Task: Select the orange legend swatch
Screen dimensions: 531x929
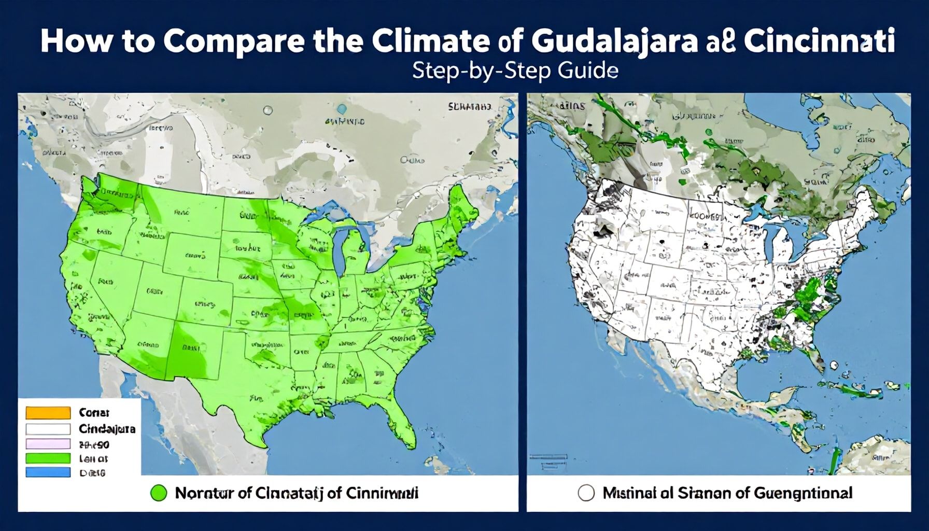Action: (x=48, y=413)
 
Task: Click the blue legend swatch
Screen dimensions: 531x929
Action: (x=48, y=472)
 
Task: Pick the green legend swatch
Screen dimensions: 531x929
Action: (x=48, y=458)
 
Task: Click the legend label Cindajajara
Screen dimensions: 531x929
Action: (x=107, y=429)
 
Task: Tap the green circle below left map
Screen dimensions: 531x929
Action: (x=158, y=493)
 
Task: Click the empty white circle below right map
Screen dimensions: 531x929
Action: (x=586, y=493)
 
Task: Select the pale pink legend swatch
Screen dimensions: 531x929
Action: (x=48, y=443)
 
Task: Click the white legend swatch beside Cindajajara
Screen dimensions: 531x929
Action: (x=48, y=429)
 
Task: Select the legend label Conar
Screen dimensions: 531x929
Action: (x=94, y=413)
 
